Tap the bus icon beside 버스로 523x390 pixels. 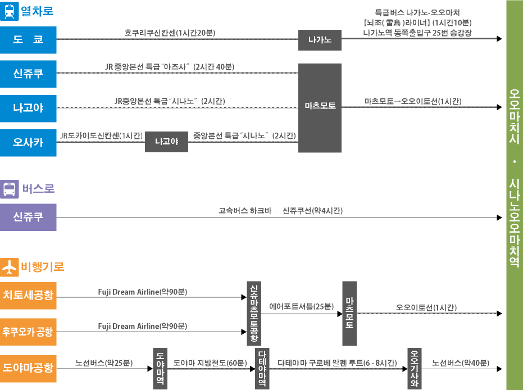point(10,189)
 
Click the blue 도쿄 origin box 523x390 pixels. point(28,39)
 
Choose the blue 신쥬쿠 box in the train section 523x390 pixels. point(28,74)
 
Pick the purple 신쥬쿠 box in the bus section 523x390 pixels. point(28,217)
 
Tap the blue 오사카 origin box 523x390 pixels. point(28,142)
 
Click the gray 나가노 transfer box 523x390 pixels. point(320,40)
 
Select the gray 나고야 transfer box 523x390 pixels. point(166,142)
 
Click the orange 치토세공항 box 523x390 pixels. point(28,295)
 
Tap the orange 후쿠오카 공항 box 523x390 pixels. point(28,332)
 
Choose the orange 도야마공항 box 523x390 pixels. point(28,369)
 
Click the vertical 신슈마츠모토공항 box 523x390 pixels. point(253,313)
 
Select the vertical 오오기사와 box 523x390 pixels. point(415,368)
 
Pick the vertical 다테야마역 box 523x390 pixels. point(262,368)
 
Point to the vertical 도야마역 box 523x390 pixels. point(160,368)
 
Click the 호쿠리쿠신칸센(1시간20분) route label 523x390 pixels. point(170,33)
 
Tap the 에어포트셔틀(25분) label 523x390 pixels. point(301,307)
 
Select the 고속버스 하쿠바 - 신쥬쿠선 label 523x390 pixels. point(280,211)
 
